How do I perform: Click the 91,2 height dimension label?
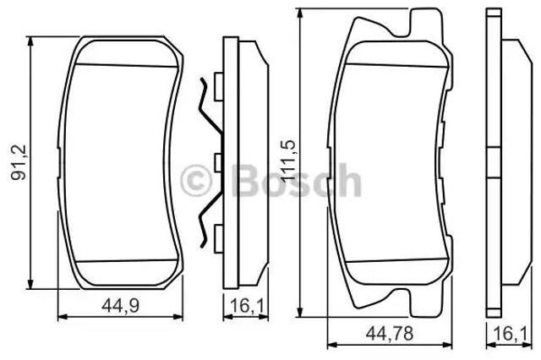tap(19, 161)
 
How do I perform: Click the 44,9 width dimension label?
tap(120, 306)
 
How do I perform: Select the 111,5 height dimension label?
tap(288, 161)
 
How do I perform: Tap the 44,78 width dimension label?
tap(390, 334)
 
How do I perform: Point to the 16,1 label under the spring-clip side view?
tap(246, 306)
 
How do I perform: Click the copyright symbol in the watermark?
tap(195, 180)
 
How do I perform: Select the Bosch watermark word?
tap(297, 180)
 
